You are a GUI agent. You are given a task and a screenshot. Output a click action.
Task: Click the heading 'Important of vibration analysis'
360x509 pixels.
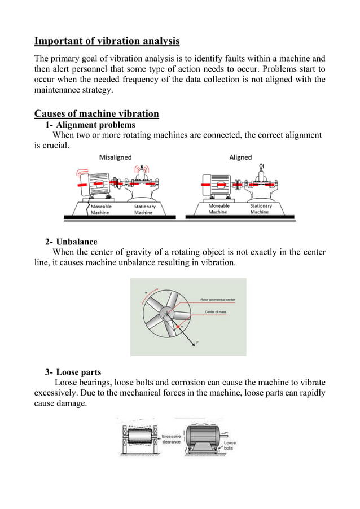(x=107, y=41)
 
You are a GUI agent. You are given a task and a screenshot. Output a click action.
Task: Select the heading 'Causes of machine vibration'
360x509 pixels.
(x=96, y=113)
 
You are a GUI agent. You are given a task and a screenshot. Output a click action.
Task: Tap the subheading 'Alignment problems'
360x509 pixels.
(x=95, y=125)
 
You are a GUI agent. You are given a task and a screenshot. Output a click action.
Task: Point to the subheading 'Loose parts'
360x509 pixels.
(x=78, y=372)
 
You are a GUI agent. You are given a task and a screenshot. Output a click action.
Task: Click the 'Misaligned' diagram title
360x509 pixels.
(x=116, y=157)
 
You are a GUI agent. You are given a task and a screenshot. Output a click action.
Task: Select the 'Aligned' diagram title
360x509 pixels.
(x=240, y=157)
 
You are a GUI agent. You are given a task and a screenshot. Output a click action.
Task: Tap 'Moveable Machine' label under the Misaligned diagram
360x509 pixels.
(x=102, y=209)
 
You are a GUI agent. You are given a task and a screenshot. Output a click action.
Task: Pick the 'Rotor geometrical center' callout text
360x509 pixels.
(x=219, y=299)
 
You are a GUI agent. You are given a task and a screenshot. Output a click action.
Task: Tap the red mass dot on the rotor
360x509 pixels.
(x=178, y=327)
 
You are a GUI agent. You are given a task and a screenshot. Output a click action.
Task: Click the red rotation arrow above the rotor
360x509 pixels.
(x=150, y=293)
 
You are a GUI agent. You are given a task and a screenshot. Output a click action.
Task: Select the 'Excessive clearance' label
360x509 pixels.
(x=172, y=439)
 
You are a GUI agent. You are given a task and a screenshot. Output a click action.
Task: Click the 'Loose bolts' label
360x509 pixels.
(x=230, y=446)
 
